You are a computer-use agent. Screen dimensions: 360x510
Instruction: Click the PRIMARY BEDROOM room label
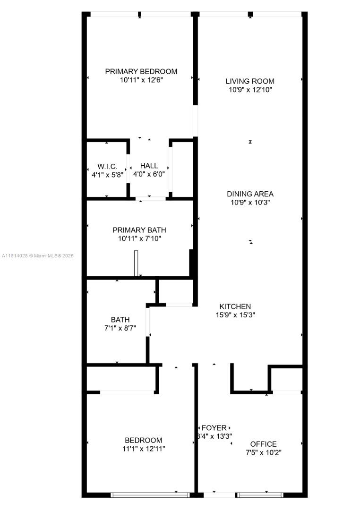point(141,72)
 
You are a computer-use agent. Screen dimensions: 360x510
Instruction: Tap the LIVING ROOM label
point(250,81)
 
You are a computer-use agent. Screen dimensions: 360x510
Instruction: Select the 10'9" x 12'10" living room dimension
point(250,90)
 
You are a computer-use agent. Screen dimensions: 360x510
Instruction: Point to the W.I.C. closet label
point(107,167)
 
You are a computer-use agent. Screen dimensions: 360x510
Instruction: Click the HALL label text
point(149,166)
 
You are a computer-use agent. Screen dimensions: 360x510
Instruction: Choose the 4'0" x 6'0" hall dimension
point(149,174)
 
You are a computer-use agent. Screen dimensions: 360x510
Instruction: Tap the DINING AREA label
point(250,194)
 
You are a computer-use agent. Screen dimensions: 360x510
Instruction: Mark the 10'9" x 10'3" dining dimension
point(250,202)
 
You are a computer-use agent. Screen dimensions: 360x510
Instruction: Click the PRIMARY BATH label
point(139,230)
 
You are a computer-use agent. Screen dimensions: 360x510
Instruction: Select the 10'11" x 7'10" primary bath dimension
point(139,239)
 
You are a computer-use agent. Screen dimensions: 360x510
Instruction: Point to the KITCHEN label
point(235,306)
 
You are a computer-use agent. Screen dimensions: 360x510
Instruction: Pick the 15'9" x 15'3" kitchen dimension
point(235,315)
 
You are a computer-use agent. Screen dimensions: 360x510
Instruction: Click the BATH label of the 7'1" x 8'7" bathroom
point(120,320)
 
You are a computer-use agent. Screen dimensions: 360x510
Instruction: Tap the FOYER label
point(214,428)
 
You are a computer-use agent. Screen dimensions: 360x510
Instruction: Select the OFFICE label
point(263,444)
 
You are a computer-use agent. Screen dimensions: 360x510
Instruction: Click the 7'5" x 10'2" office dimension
point(263,452)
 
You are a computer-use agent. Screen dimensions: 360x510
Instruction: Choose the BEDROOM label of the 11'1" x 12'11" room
point(144,441)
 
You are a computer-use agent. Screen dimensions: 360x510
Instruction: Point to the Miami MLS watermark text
point(38,255)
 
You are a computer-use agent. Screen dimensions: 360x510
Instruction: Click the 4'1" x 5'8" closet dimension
point(107,175)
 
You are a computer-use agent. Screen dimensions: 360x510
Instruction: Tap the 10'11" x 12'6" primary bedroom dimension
point(141,80)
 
